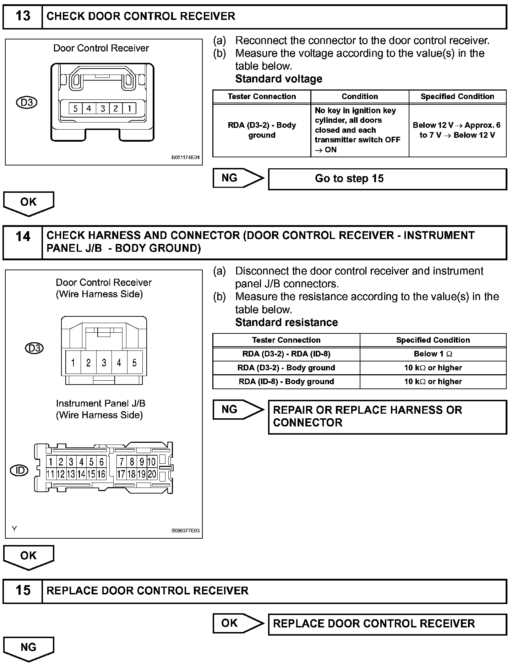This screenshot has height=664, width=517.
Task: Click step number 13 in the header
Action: [23, 16]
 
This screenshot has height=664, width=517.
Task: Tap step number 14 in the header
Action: [23, 236]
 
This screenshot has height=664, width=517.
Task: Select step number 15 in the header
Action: [23, 590]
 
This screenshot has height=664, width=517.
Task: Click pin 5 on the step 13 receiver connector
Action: [75, 108]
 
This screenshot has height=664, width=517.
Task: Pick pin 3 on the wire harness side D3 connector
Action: [104, 363]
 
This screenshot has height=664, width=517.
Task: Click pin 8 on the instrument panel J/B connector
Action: [132, 462]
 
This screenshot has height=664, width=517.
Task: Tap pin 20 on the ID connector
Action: [152, 474]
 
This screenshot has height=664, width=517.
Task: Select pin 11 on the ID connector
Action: [50, 474]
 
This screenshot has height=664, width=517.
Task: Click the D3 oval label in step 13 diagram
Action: [27, 103]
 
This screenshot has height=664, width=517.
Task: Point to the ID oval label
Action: [20, 471]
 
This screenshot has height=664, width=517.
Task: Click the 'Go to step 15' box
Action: [387, 179]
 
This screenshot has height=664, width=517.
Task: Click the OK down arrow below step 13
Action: [28, 203]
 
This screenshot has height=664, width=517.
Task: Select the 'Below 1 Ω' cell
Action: [433, 354]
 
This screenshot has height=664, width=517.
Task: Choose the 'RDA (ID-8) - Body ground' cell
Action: [286, 382]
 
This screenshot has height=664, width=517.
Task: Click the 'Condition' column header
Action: [360, 97]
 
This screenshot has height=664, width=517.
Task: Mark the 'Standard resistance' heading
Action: [287, 322]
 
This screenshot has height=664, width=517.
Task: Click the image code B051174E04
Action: [185, 157]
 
